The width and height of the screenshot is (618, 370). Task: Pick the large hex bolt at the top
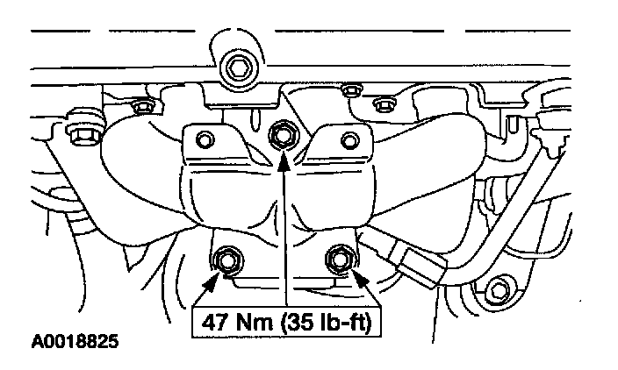click(235, 66)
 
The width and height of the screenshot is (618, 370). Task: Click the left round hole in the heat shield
click(205, 139)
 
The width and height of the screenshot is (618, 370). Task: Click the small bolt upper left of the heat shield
click(139, 107)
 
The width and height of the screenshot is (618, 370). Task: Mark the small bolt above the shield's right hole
click(381, 105)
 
